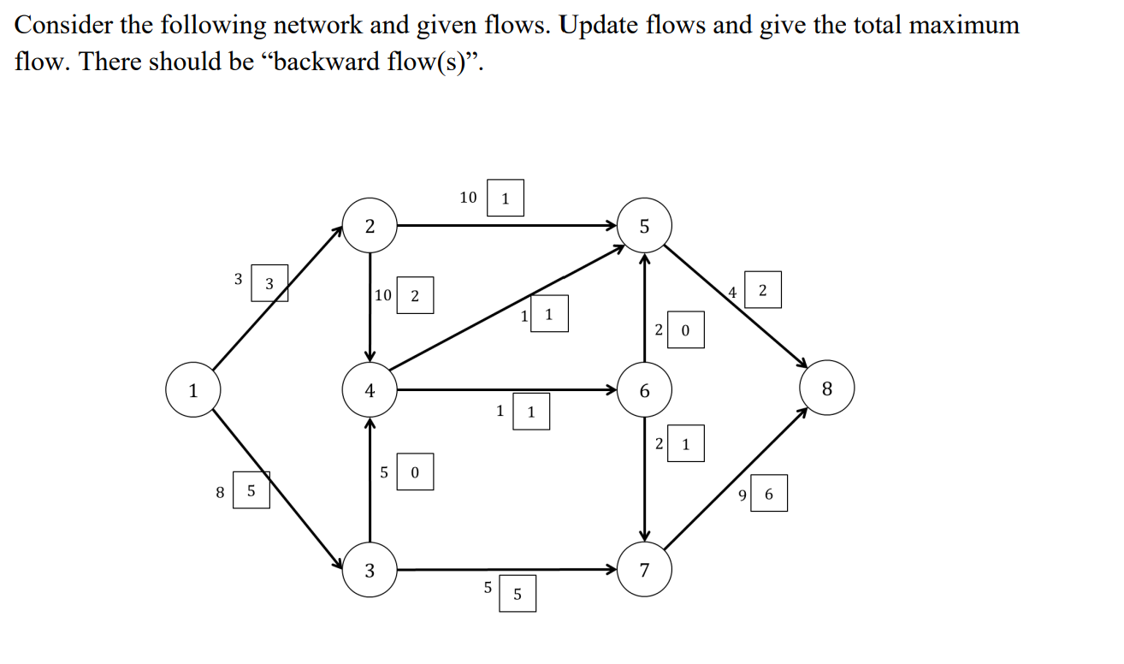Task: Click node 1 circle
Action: coord(193,390)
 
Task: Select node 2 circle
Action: coord(370,226)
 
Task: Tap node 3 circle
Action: coord(370,570)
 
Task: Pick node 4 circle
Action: coord(370,390)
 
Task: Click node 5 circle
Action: coord(644,226)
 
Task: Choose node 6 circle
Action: coord(644,390)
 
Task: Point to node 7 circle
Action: coord(644,570)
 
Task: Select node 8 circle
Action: coord(826,390)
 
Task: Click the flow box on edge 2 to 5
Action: coord(505,199)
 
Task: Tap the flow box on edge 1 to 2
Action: coord(269,283)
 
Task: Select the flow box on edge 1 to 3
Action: coord(251,491)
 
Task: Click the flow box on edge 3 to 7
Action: coord(517,594)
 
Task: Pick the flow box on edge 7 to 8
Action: coord(769,494)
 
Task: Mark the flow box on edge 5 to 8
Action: coord(763,293)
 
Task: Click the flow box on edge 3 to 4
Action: coord(415,472)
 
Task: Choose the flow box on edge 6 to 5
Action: coord(685,330)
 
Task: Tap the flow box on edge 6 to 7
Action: coord(685,444)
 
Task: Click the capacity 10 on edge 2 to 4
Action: coord(382,295)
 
